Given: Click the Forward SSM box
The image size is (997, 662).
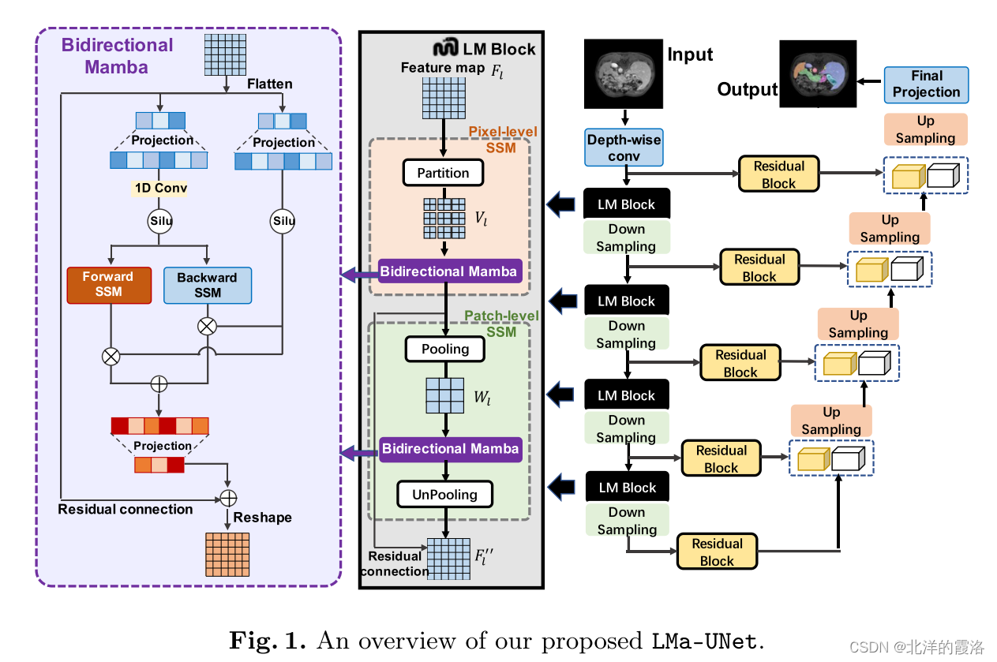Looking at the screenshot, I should point(108,285).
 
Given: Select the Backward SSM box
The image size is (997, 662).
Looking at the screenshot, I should point(207,286).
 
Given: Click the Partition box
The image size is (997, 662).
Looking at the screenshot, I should point(443,173).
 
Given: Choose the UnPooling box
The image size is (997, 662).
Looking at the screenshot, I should point(444,495).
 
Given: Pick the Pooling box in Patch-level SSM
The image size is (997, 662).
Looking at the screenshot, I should point(445,349).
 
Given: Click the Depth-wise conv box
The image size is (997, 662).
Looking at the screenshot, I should point(624,148).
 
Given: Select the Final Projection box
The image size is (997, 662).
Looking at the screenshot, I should point(926,84).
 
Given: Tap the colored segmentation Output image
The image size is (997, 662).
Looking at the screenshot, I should point(817,73).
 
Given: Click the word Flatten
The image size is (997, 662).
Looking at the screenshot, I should point(269,84).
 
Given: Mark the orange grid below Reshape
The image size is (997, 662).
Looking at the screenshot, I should point(227,555).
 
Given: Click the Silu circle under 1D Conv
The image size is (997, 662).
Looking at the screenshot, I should point(161,222).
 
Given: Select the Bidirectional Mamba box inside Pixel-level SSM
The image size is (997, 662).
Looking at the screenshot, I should point(448,271).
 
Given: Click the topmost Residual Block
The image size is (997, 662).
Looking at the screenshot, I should point(778,174).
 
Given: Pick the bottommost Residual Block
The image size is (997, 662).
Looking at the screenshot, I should point(717,552).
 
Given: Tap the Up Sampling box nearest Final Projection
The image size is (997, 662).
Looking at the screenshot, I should point(925,129).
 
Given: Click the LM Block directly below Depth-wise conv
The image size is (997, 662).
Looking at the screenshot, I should point(626,204).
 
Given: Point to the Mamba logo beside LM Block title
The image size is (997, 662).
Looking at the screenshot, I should point(448,48).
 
